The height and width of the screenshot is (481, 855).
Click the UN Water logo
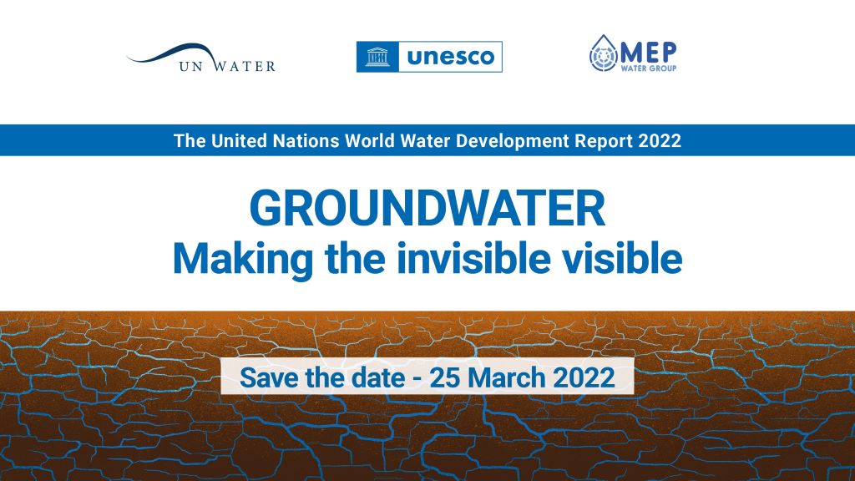click(201, 58)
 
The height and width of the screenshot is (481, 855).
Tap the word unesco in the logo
click(450, 57)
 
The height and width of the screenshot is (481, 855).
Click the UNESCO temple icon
click(377, 57)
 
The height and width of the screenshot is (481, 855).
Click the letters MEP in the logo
click(648, 53)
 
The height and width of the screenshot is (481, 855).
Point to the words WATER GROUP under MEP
click(648, 68)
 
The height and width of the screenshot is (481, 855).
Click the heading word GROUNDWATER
click(427, 208)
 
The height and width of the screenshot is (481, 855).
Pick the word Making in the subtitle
click(243, 259)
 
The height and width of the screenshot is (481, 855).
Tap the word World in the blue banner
click(370, 140)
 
